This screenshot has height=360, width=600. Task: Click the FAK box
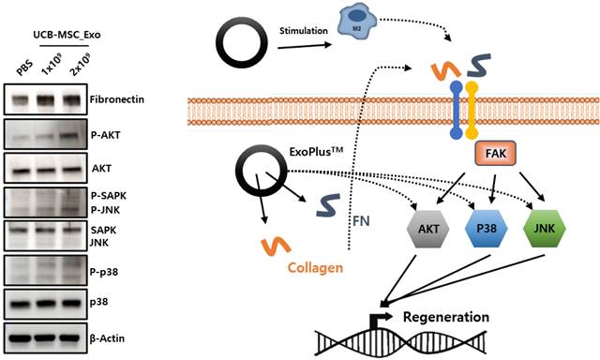495,154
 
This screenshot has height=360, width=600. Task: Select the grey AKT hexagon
427,229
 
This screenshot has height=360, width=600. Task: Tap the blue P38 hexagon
486,229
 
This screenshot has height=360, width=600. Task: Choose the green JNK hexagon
544,229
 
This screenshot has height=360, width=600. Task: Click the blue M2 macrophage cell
356,22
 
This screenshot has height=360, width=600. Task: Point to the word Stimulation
304,31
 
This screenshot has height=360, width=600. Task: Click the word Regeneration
446,317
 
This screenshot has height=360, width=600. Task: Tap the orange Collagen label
315,267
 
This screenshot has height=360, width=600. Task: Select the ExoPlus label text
316,152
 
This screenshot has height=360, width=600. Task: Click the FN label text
361,221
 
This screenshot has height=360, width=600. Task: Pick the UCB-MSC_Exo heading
67,35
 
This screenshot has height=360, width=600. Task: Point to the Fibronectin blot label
117,99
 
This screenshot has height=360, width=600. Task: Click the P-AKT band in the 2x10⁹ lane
71,136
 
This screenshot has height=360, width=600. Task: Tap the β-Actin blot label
107,338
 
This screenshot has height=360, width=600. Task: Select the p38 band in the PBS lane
20,304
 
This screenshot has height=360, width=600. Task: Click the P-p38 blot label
104,272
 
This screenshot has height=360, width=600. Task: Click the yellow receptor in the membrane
472,111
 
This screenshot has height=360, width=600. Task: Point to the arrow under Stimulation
305,46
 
